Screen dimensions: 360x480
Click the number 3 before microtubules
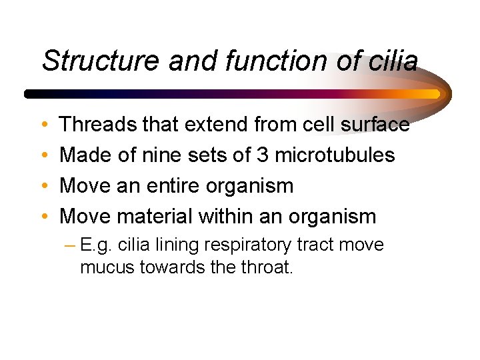(x=261, y=155)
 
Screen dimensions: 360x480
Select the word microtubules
(x=335, y=155)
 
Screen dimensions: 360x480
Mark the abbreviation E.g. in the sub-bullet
(x=93, y=245)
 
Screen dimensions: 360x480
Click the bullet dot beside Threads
(x=44, y=125)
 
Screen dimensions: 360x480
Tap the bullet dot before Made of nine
(x=44, y=155)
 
